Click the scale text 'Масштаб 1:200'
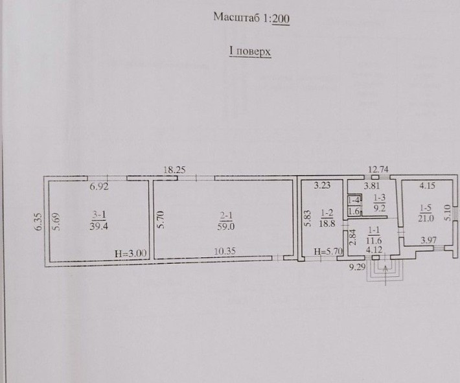251,18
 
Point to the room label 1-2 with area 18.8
327,218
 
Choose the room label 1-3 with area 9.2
379,204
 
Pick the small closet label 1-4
354,200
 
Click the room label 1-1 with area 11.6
374,236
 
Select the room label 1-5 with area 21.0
425,213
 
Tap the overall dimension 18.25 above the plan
174,170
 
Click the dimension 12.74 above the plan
379,170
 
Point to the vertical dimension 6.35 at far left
39,222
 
